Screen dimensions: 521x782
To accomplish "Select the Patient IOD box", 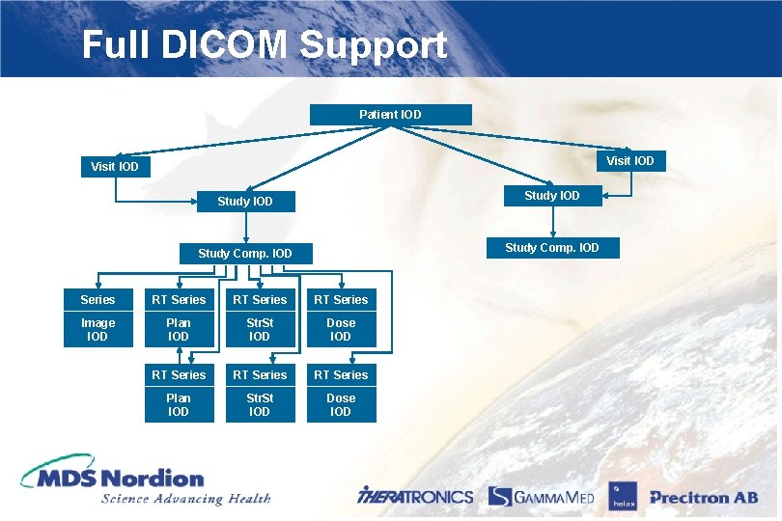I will click(390, 115).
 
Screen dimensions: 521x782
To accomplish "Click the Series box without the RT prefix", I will click(98, 299).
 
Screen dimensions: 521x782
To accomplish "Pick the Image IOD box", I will click(98, 329).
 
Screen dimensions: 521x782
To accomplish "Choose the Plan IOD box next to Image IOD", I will click(179, 329).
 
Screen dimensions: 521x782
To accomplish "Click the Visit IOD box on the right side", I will click(629, 160).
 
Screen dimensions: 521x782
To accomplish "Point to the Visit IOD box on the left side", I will click(115, 167).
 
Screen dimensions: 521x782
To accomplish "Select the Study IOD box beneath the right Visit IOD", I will click(552, 196).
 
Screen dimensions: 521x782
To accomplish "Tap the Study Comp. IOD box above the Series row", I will click(244, 254).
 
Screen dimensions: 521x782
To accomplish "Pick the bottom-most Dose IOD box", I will click(341, 404).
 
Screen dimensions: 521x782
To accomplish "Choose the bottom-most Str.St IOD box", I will click(260, 404).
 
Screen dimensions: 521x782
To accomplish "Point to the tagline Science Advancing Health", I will click(185, 499).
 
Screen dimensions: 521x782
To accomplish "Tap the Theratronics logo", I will click(415, 496).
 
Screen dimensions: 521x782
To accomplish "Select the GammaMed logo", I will click(541, 496).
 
